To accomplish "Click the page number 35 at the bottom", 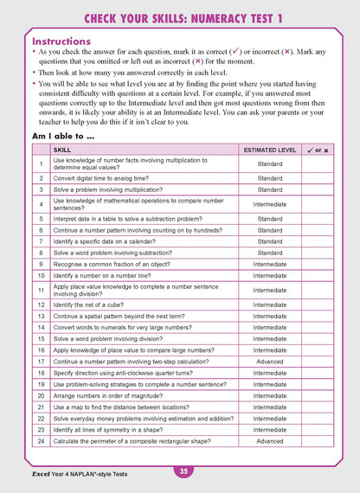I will pyautogui.click(x=183, y=471).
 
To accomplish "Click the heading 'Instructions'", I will pyautogui.click(x=61, y=41).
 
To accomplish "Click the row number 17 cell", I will pyautogui.click(x=41, y=362).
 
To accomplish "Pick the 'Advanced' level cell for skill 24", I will pyautogui.click(x=269, y=440).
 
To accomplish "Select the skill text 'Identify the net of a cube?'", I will pyautogui.click(x=91, y=304).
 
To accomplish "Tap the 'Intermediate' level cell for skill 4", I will pyautogui.click(x=269, y=204).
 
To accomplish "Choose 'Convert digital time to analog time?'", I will pyautogui.click(x=102, y=178).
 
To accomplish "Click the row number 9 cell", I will pyautogui.click(x=41, y=264).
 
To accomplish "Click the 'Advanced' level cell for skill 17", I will pyautogui.click(x=269, y=362).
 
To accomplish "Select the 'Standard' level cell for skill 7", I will pyautogui.click(x=269, y=241).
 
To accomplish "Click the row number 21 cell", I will pyautogui.click(x=41, y=407).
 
